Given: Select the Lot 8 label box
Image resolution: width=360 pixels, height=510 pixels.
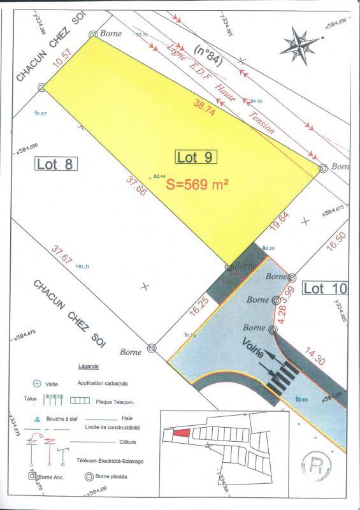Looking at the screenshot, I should (55, 163).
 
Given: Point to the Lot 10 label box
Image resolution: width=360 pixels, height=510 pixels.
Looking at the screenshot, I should (325, 288).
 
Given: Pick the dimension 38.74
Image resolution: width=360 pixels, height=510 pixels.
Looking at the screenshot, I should (206, 109).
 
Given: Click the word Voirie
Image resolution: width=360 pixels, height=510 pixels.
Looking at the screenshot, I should (256, 351).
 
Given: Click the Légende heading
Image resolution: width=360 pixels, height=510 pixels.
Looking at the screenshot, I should (89, 368).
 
